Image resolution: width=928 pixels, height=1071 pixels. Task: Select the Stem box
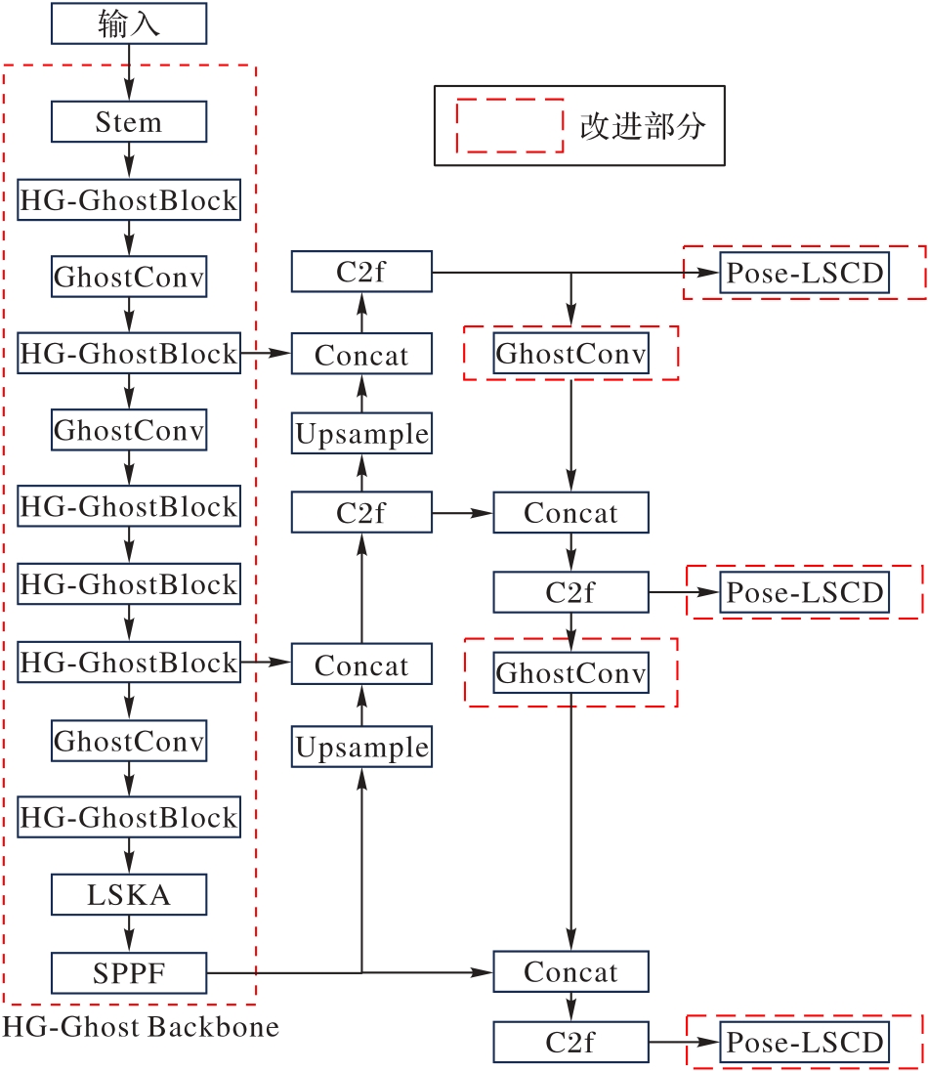pyautogui.click(x=128, y=122)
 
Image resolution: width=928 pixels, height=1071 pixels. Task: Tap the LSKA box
pyautogui.click(x=128, y=894)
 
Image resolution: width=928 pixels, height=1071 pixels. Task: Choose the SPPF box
pyautogui.click(x=128, y=972)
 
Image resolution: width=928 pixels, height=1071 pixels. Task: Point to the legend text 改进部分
pyautogui.click(x=642, y=126)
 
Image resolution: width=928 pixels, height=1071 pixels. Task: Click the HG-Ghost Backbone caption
pyautogui.click(x=141, y=1027)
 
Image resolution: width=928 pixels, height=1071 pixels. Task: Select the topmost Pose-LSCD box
pyautogui.click(x=804, y=273)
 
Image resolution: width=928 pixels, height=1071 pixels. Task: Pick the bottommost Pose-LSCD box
pyautogui.click(x=804, y=1042)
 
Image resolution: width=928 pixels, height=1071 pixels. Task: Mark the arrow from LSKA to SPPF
pyautogui.click(x=128, y=933)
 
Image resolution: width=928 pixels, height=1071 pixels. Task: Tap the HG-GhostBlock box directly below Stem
pyautogui.click(x=128, y=200)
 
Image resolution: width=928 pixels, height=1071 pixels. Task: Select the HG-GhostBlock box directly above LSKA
pyautogui.click(x=128, y=817)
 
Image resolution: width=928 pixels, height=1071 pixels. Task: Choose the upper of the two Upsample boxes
pyautogui.click(x=361, y=434)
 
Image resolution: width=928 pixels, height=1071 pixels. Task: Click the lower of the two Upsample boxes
pyautogui.click(x=361, y=749)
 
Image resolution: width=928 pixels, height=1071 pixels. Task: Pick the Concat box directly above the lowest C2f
pyautogui.click(x=570, y=972)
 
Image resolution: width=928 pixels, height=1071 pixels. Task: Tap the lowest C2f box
pyautogui.click(x=570, y=1043)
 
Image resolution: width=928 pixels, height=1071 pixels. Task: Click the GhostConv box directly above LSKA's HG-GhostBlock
pyautogui.click(x=128, y=740)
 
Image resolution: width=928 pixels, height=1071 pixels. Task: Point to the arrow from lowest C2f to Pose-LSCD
pyautogui.click(x=684, y=1043)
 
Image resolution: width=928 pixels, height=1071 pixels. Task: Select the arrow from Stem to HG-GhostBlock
pyautogui.click(x=128, y=161)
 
